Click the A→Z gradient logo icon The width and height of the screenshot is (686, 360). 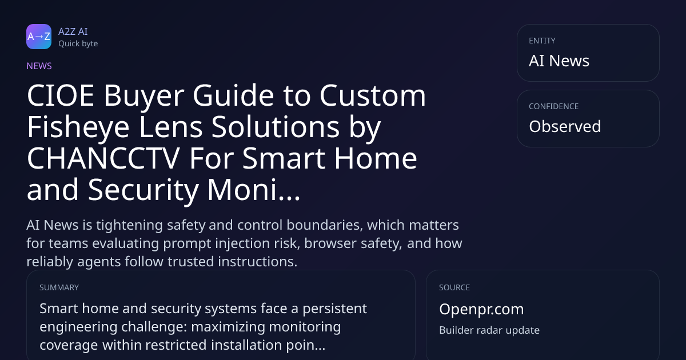point(39,37)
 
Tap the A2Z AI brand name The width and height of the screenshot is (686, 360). point(73,31)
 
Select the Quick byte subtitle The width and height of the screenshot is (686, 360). point(78,44)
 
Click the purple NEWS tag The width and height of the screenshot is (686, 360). point(39,66)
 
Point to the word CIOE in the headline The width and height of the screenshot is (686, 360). point(61,95)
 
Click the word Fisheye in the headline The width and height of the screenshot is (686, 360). point(78,127)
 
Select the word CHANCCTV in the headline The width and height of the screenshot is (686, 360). point(103,158)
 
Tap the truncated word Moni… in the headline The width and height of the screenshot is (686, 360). point(254,190)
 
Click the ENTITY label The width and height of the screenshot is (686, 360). point(542,41)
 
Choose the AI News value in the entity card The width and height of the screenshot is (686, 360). point(559,61)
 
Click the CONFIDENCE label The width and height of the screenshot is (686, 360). point(554,106)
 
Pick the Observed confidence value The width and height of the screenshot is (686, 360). point(565,126)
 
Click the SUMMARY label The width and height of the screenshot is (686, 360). point(59,287)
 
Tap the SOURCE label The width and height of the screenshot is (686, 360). point(454,287)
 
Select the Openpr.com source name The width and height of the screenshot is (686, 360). point(481,309)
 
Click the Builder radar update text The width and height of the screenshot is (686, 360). point(489,330)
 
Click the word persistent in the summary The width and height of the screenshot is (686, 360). point(335,309)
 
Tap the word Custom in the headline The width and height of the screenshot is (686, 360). point(373,95)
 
